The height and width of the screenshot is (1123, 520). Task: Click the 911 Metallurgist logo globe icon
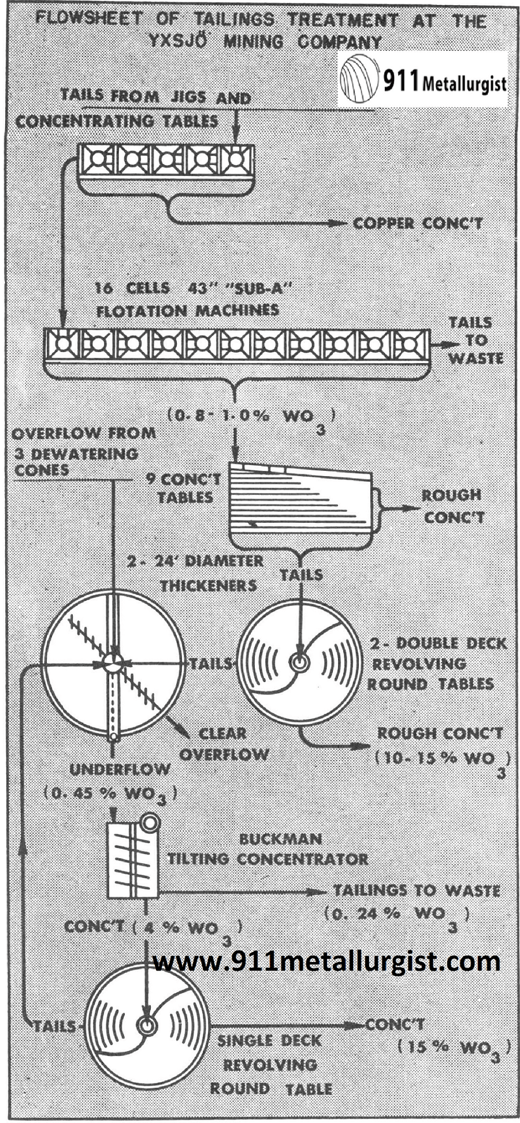coord(359,79)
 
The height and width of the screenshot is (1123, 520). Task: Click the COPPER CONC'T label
coord(418,223)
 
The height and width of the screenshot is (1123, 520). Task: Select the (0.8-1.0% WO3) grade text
coord(251,418)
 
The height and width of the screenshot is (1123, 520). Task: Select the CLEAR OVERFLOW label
coord(224,744)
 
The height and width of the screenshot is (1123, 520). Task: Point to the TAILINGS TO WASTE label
coord(417,890)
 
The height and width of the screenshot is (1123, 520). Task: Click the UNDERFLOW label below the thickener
coord(120,769)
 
